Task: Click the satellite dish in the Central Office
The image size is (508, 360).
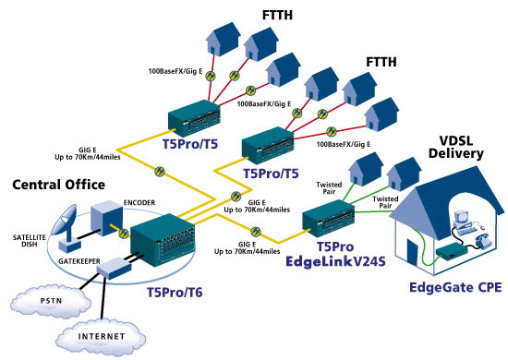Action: [x=67, y=227]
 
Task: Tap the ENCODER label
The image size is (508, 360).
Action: [x=139, y=203]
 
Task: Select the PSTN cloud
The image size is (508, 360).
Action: [x=51, y=301]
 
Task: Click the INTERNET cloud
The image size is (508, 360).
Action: [x=101, y=337]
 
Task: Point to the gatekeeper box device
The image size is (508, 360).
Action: [x=115, y=268]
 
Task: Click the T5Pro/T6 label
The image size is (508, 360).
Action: [x=175, y=293]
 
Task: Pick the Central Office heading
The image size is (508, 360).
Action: [x=58, y=185]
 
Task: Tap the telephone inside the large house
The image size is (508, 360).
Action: [x=483, y=240]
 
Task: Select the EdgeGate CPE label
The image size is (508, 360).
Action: [x=455, y=287]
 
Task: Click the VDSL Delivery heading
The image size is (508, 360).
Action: [x=456, y=147]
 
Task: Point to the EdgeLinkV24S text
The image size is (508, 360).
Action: [x=335, y=261]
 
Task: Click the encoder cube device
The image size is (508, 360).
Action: [x=106, y=218]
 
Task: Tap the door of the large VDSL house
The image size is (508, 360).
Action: [x=413, y=253]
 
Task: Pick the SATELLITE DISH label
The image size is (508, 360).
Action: [x=30, y=241]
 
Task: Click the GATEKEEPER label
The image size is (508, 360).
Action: [x=79, y=261]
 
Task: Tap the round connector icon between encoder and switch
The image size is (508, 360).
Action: [x=123, y=233]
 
